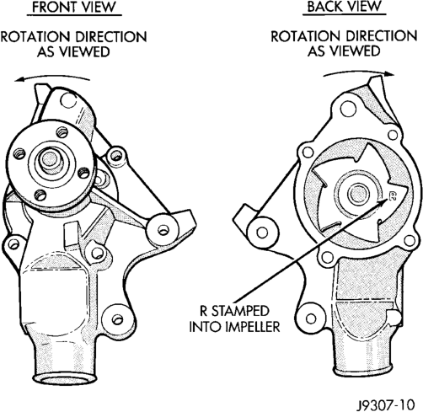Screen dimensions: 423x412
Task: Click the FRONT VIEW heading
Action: tap(74, 7)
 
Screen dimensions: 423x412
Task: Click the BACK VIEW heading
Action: tap(345, 7)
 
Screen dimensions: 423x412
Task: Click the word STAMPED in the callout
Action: tap(240, 311)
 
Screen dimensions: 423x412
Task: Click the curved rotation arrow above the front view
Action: tap(52, 78)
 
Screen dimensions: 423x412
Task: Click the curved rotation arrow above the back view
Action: tap(359, 72)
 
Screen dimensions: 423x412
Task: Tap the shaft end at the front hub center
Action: tap(51, 160)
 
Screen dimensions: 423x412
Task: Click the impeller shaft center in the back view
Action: tap(357, 193)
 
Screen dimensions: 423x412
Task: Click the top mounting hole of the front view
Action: tap(67, 101)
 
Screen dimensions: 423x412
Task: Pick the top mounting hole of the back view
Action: tap(347, 110)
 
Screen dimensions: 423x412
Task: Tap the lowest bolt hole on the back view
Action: tap(311, 318)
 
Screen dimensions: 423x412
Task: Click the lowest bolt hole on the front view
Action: tap(117, 319)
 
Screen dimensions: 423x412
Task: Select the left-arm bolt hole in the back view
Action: tap(262, 233)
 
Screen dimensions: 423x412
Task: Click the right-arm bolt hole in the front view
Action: tap(163, 230)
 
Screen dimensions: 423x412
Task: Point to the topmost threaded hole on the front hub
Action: tap(62, 132)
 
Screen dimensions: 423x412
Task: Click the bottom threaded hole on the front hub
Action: tap(41, 195)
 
